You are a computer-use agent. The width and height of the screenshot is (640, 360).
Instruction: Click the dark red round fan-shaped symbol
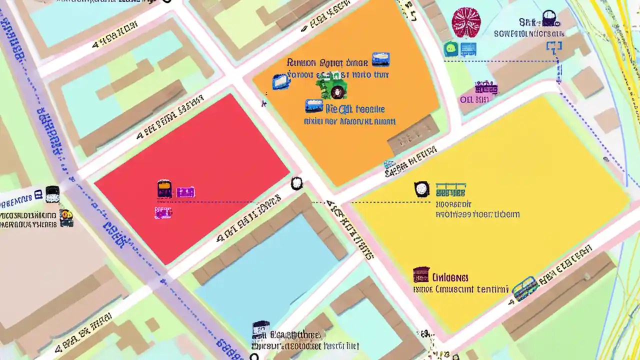[466, 22]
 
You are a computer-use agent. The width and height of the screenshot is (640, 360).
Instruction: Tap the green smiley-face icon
[451, 49]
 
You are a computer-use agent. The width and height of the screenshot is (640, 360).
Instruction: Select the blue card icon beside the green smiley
[468, 49]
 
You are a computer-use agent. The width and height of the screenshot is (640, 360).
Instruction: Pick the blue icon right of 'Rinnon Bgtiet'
[380, 60]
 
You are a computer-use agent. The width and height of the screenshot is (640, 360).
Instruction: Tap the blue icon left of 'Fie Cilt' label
[314, 106]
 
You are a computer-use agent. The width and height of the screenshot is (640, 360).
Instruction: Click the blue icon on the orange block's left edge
[280, 82]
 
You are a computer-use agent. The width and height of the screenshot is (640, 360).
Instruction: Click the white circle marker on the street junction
[296, 183]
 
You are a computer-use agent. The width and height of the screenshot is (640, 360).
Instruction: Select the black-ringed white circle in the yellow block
[422, 188]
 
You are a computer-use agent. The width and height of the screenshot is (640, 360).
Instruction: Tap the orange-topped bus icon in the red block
[164, 189]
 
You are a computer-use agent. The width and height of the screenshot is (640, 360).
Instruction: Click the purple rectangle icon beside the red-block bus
[185, 191]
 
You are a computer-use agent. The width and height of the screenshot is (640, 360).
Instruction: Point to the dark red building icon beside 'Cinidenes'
[421, 274]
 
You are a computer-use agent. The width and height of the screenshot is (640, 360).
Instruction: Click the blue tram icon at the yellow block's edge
[524, 288]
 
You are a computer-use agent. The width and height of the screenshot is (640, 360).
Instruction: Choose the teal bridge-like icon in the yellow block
[450, 190]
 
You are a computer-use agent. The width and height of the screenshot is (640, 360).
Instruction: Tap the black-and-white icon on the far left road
[52, 194]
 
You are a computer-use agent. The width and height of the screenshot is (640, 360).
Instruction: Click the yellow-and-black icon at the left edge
[66, 218]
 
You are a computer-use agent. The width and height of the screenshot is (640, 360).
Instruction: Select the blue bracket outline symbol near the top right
[554, 48]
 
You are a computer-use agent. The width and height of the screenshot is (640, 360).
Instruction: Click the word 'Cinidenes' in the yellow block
[450, 277]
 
